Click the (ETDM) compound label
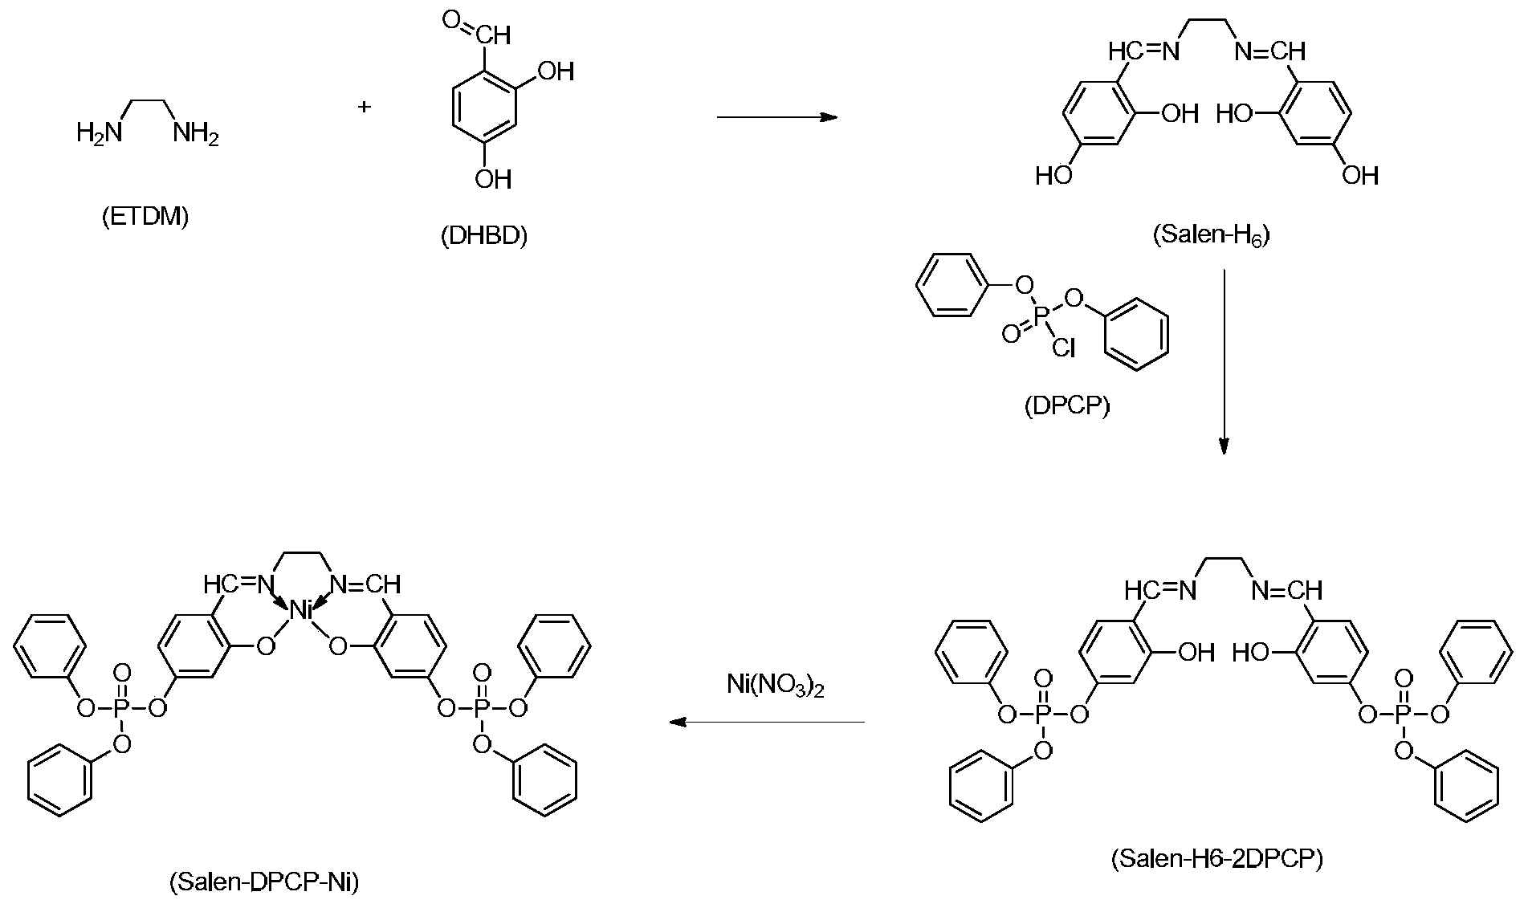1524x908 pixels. click(x=145, y=217)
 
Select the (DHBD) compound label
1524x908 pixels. click(x=484, y=236)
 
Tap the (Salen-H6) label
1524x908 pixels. click(x=1211, y=236)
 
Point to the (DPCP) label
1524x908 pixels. click(x=1067, y=406)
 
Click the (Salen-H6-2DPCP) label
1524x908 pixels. click(x=1216, y=859)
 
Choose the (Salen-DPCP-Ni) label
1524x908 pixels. click(x=264, y=882)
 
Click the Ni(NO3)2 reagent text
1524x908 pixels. click(x=776, y=686)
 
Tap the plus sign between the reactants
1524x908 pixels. click(x=365, y=107)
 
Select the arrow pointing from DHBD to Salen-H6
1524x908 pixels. click(x=776, y=118)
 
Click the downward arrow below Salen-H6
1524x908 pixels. click(x=1224, y=361)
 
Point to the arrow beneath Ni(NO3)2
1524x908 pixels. click(x=767, y=723)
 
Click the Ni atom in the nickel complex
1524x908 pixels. click(x=301, y=611)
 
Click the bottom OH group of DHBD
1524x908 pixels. click(x=492, y=177)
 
